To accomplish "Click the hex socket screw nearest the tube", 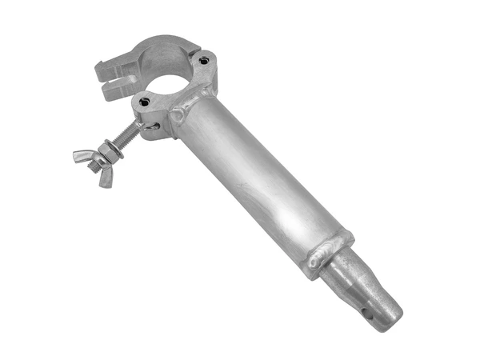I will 206,61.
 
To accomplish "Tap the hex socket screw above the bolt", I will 145,102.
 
